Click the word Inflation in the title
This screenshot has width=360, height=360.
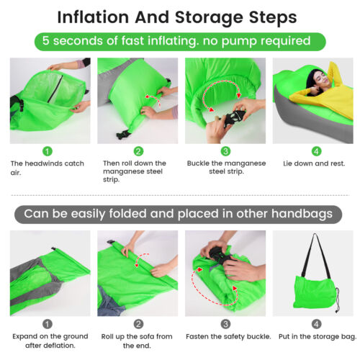pyautogui.click(x=93, y=17)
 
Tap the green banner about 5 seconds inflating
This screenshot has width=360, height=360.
pyautogui.click(x=180, y=41)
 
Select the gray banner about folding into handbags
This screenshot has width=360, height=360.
pyautogui.click(x=178, y=214)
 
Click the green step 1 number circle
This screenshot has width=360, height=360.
pyautogui.click(x=48, y=151)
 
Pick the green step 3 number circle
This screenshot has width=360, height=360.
pyautogui.click(x=225, y=151)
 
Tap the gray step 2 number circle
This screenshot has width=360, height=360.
pyautogui.click(x=138, y=324)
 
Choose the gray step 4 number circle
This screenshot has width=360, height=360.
pyautogui.click(x=316, y=324)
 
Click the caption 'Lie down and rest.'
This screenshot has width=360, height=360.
pyautogui.click(x=314, y=163)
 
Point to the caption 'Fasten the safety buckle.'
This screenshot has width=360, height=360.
pyautogui.click(x=228, y=336)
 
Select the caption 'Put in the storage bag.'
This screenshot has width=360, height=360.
pyautogui.click(x=318, y=337)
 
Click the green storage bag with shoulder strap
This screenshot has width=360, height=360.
pyautogui.click(x=315, y=292)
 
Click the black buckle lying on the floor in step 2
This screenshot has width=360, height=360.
pyautogui.click(x=124, y=135)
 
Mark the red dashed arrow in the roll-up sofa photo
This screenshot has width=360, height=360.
pyautogui.click(x=141, y=259)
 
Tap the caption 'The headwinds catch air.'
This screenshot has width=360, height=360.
pyautogui.click(x=48, y=168)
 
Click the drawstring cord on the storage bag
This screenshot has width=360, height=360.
pyautogui.click(x=337, y=300)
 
